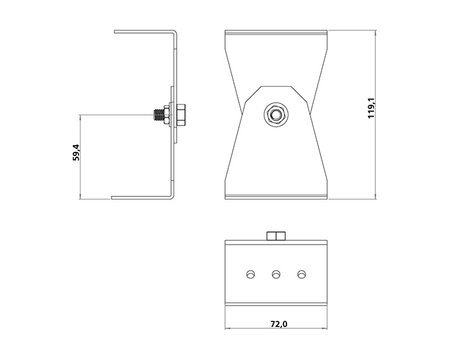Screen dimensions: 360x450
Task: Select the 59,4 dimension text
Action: [76, 153]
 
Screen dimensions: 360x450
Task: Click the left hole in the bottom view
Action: [250, 274]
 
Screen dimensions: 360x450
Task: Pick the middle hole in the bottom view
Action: [276, 274]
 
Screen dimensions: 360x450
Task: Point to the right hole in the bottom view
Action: [301, 274]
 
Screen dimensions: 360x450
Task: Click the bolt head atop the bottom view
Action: [276, 236]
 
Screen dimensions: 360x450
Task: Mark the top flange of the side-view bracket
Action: [143, 32]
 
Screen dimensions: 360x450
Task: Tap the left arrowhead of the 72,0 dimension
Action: [228, 329]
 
